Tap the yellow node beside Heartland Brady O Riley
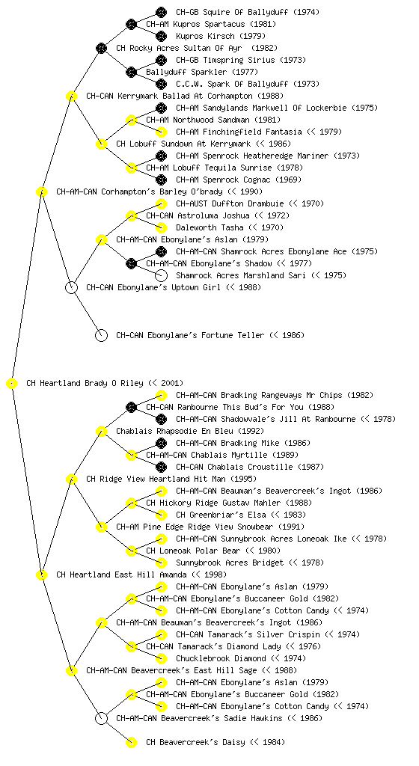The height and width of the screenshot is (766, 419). pos(12,384)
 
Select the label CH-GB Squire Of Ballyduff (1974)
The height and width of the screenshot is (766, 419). pos(248,12)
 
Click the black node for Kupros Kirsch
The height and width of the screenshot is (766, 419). pos(161,36)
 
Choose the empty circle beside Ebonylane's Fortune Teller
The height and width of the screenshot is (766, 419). pos(101,336)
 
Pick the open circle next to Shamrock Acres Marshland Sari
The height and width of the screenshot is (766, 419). pos(161,275)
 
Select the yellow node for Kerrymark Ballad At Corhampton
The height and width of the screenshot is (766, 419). pos(71,96)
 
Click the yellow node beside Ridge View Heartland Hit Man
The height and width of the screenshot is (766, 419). pos(71,479)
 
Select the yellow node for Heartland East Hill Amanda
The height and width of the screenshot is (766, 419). pos(41,575)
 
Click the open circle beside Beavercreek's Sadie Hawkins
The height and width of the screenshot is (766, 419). pos(101,719)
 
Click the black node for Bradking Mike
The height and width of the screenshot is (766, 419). pos(161,443)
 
